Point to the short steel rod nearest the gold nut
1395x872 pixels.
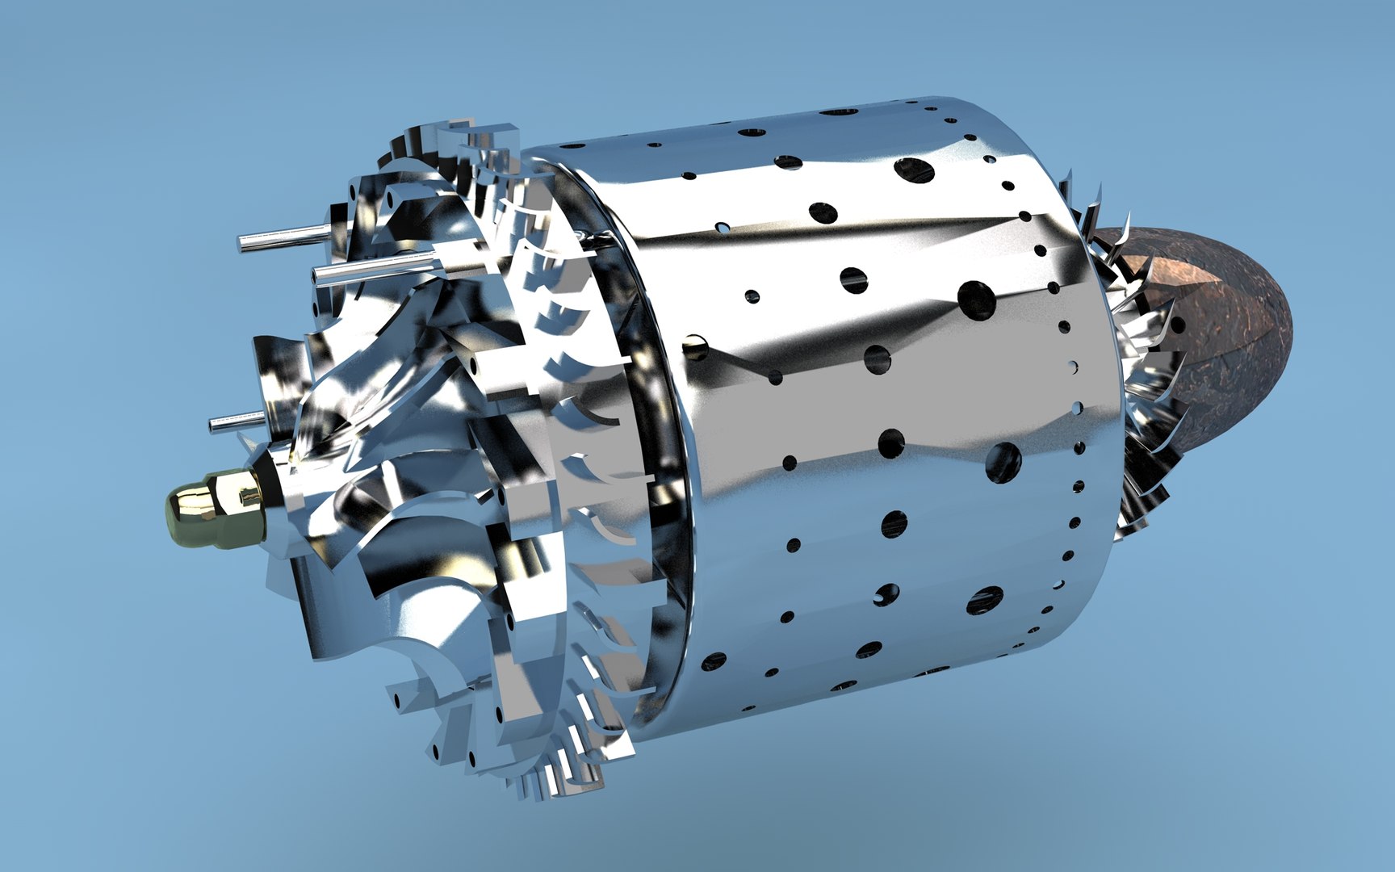(x=234, y=422)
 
